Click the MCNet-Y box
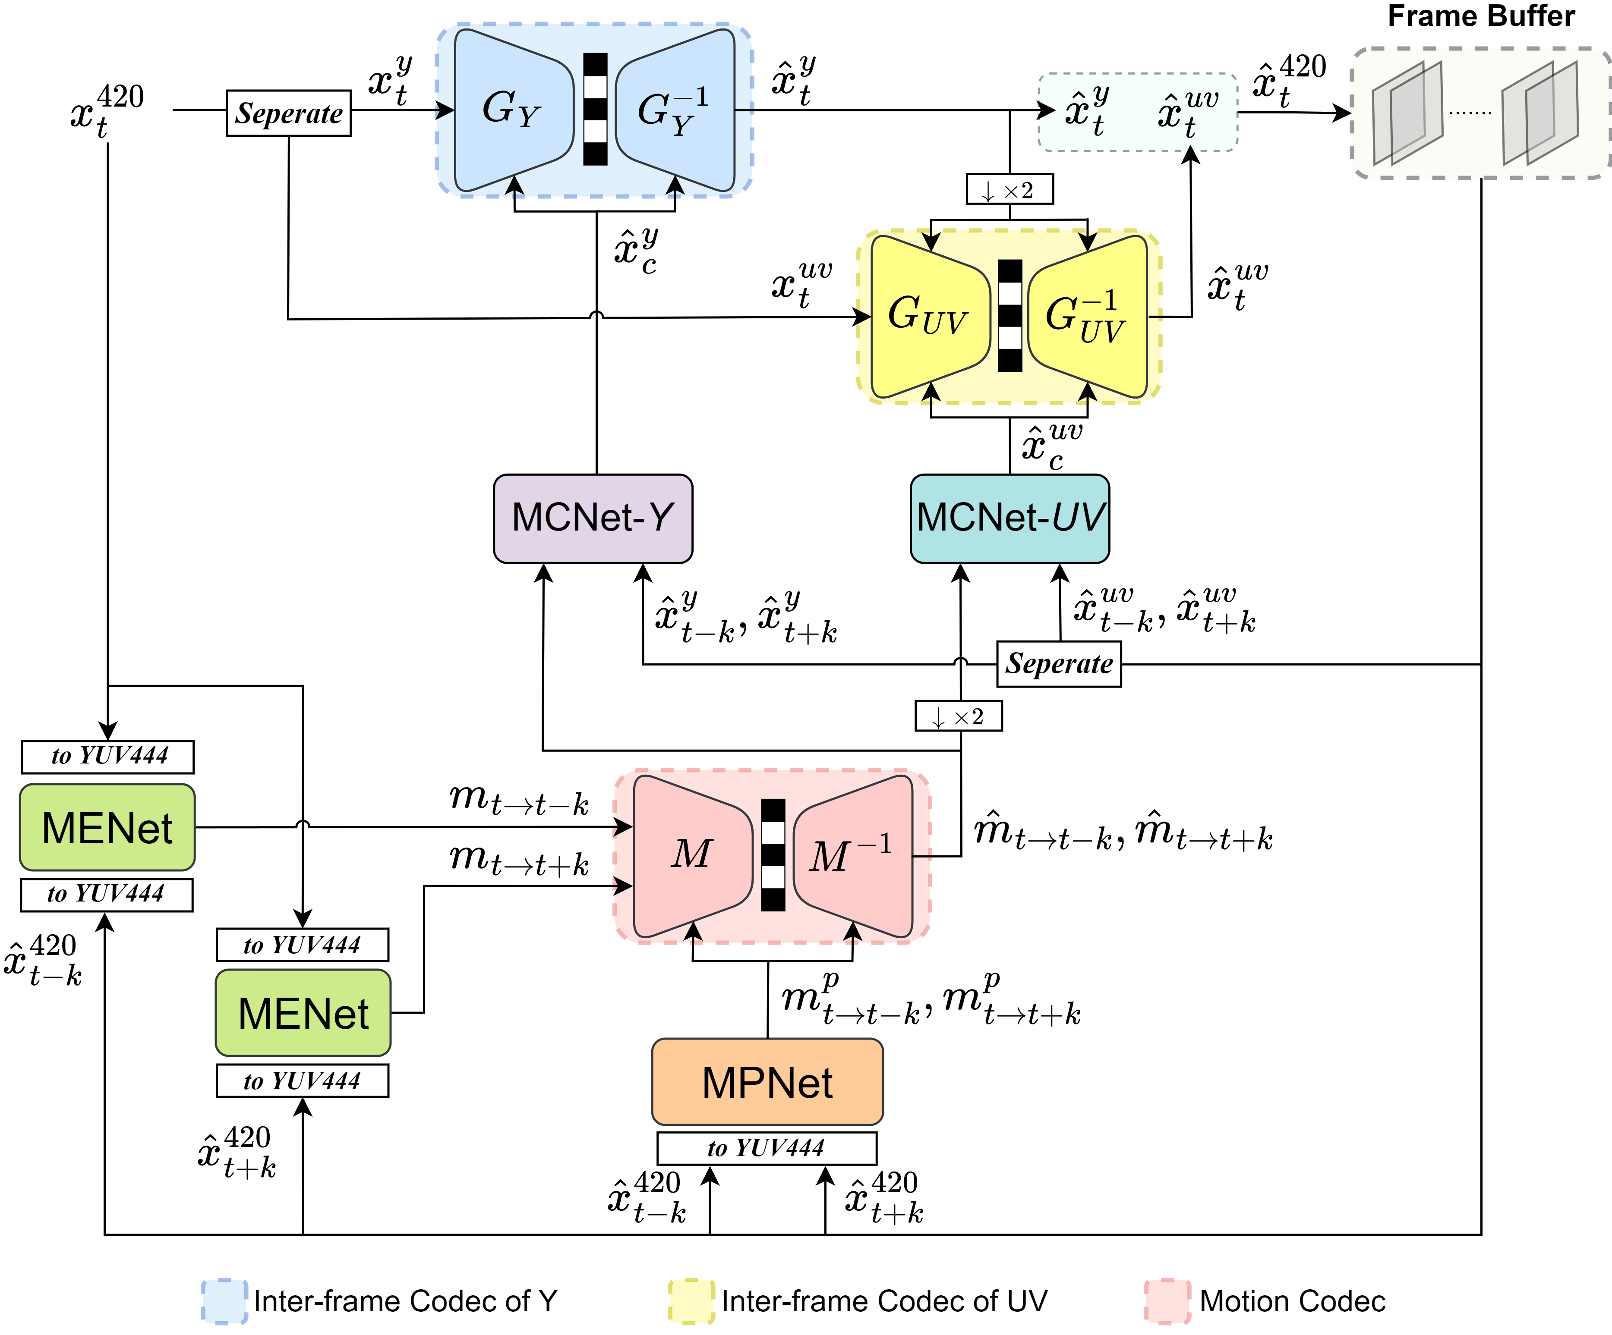[x=593, y=518]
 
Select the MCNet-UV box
[x=1009, y=518]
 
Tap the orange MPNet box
[x=767, y=1082]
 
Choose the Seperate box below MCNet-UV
[x=1059, y=664]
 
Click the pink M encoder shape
[x=691, y=855]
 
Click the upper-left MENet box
[x=107, y=827]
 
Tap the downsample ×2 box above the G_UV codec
[x=1009, y=189]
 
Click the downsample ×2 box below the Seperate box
[x=959, y=716]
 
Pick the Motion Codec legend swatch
[x=1167, y=1301]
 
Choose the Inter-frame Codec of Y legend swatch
[x=224, y=1301]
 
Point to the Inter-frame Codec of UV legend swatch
[x=691, y=1301]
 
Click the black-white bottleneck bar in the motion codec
[x=773, y=855]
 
